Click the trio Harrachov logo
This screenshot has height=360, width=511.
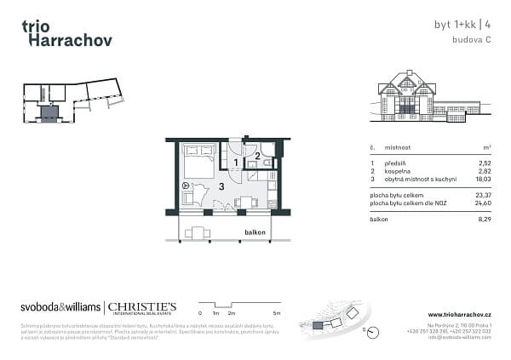click(x=66, y=32)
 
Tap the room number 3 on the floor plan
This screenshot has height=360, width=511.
click(x=221, y=186)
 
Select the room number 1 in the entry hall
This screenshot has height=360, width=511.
click(x=236, y=162)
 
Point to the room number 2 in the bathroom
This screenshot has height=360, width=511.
click(x=258, y=156)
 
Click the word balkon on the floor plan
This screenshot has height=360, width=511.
click(x=255, y=233)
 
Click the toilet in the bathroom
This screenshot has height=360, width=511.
click(x=267, y=162)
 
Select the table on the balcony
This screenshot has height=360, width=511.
click(x=198, y=232)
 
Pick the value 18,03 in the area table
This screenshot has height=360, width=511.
click(x=484, y=180)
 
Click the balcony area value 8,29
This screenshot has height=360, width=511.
click(x=485, y=220)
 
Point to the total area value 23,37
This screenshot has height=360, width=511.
click(x=484, y=196)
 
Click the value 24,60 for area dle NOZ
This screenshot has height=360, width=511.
click(x=484, y=203)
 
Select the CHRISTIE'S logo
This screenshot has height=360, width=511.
click(x=141, y=307)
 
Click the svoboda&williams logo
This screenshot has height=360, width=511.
click(x=59, y=307)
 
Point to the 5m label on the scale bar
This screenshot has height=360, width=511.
click(x=278, y=313)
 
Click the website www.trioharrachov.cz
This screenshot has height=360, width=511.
click(x=459, y=314)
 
